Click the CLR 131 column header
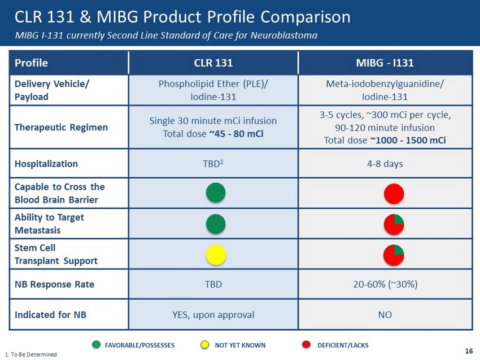213,63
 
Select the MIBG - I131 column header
385,63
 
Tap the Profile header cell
32,63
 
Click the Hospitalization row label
47,164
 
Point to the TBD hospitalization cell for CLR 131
213,164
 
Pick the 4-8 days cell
385,164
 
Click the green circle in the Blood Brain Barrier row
216,193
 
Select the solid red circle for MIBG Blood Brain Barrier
394,194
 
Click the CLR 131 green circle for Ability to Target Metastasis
216,223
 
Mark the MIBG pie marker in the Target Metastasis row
394,224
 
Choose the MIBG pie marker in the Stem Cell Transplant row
394,254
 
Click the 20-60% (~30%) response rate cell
385,284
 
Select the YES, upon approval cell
213,314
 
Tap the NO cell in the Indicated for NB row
385,314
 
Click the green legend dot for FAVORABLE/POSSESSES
96,345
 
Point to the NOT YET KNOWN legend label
240,345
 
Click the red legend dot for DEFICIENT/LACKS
306,345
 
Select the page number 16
469,351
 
